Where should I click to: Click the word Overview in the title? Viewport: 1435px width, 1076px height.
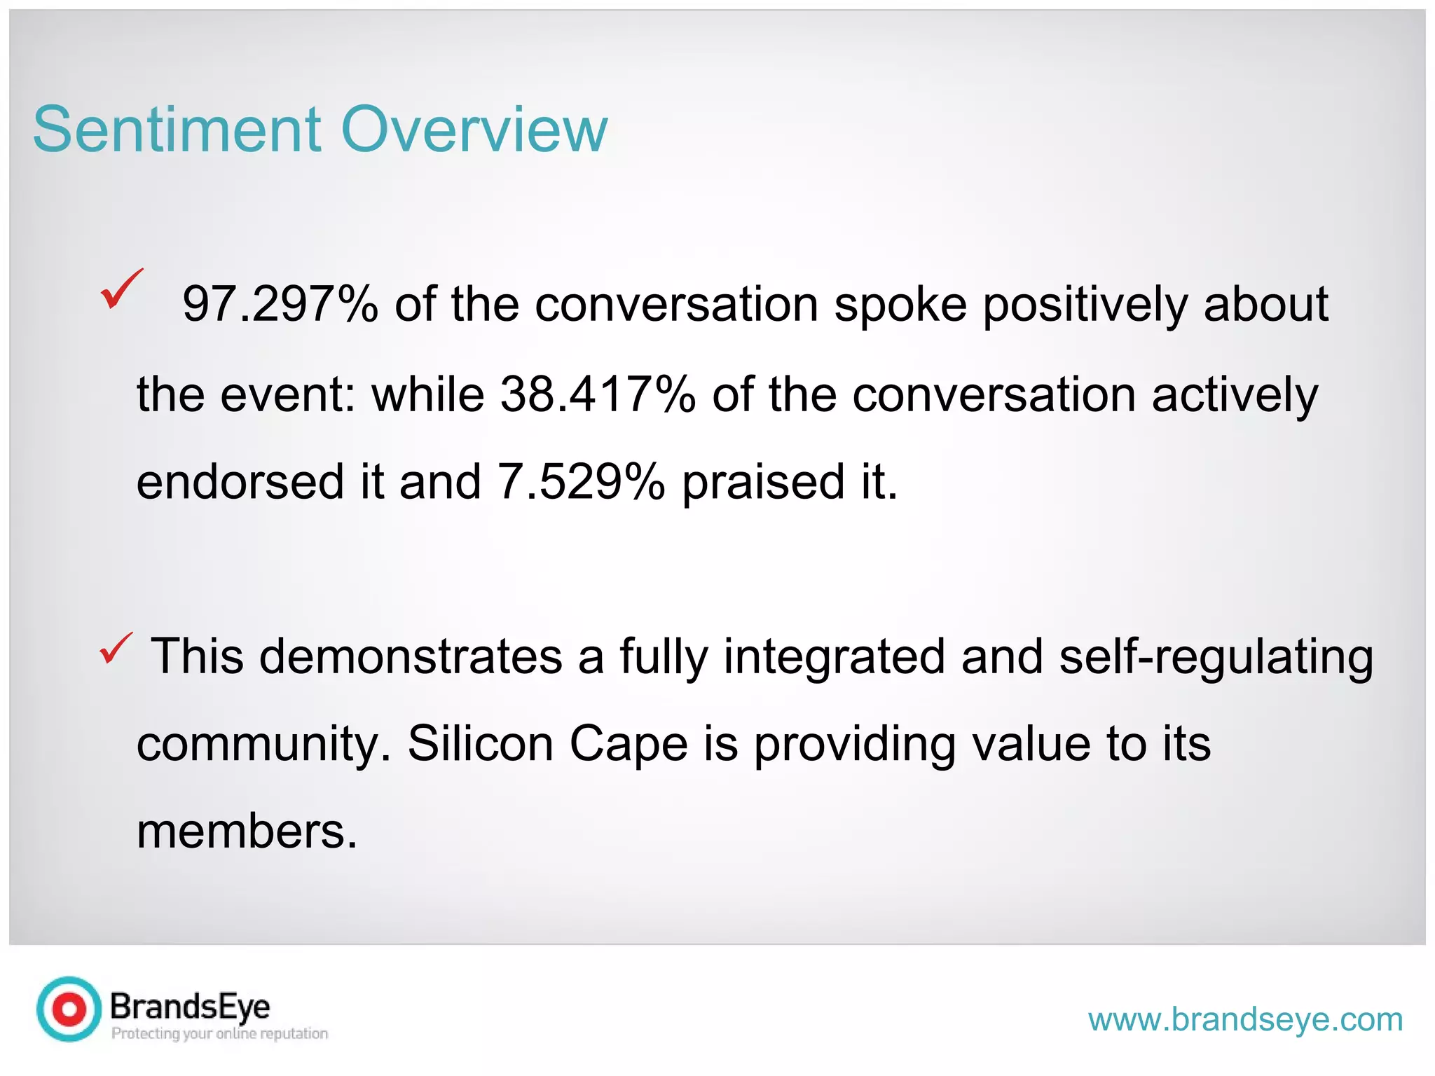pos(474,130)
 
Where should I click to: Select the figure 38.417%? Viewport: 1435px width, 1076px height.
pos(598,394)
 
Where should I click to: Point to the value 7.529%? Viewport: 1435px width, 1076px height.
pos(581,483)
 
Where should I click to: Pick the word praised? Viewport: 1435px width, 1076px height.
pos(764,483)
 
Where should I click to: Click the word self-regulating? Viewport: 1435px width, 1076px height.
pos(1216,657)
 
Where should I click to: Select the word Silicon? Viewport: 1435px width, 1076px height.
pos(481,744)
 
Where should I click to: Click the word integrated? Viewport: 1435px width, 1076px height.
pos(834,657)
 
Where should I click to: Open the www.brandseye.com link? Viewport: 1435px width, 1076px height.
pos(1245,1019)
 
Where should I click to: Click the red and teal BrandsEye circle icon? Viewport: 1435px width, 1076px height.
pos(69,1009)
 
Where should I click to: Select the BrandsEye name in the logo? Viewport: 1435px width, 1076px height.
pos(190,1007)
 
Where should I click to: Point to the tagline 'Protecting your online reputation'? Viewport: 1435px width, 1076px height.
pos(219,1034)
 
